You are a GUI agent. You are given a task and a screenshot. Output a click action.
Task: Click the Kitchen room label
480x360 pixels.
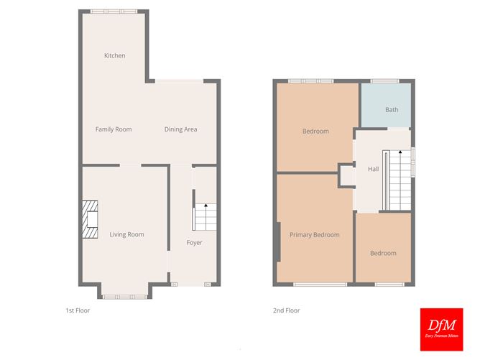[x=114, y=55]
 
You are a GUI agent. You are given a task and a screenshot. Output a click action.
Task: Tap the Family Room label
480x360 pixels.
[x=114, y=129]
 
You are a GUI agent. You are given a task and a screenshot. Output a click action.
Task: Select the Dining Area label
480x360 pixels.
[x=180, y=129]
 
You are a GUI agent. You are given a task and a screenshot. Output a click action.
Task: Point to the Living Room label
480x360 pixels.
[x=126, y=234]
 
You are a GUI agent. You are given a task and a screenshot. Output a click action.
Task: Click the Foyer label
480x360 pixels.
[x=194, y=242]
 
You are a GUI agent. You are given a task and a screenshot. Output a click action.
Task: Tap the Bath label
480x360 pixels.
[x=392, y=110]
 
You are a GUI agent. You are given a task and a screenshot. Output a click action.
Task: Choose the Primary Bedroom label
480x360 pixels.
[x=314, y=235]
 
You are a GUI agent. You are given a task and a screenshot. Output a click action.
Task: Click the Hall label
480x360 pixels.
[x=373, y=169]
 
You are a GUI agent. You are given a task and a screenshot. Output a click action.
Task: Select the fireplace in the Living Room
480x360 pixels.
[x=89, y=219]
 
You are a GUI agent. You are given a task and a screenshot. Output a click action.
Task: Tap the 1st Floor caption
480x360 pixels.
[x=78, y=310]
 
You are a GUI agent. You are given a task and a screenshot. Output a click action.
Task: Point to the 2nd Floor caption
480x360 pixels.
[x=286, y=310]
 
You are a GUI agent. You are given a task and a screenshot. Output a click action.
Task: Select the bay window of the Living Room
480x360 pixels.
[x=125, y=295]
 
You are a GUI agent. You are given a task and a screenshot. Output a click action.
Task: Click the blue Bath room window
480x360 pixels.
[x=384, y=80]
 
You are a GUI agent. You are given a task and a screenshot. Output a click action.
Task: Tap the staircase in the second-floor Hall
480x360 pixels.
[x=394, y=180]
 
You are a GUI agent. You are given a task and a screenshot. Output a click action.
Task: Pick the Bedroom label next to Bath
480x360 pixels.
[x=315, y=131]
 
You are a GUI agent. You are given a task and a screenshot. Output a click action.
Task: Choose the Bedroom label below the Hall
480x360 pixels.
[x=383, y=253]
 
